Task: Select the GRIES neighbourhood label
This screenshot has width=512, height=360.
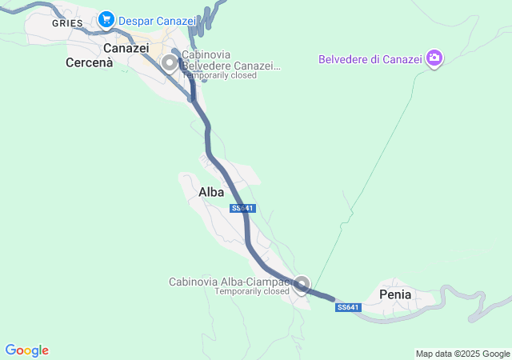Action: point(67,23)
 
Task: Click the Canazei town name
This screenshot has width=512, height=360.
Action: point(126,48)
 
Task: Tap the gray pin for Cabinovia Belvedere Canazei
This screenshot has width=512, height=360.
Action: point(170,62)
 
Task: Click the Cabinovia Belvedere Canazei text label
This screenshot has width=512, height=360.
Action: point(230,60)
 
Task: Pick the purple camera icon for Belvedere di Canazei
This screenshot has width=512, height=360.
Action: point(434,58)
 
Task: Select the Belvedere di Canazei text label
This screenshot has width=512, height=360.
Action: point(370,58)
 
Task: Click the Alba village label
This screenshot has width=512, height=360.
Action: point(211,192)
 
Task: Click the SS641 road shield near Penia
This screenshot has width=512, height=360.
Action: point(349,307)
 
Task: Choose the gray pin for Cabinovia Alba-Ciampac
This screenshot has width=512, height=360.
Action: point(302,283)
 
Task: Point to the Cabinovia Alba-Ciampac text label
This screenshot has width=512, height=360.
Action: point(228,282)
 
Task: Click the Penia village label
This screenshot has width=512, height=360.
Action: point(395,294)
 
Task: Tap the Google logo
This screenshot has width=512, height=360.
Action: point(26,350)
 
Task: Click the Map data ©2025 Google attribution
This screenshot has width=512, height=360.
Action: point(462,354)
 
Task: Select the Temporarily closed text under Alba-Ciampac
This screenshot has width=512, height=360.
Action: point(251,291)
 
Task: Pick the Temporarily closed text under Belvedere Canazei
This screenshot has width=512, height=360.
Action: point(219,75)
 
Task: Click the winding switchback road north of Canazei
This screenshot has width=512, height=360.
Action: point(210,16)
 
